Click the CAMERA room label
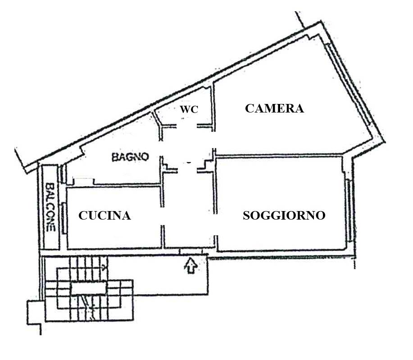pyautogui.click(x=274, y=108)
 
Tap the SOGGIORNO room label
pyautogui.click(x=284, y=216)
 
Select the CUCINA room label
pyautogui.click(x=104, y=216)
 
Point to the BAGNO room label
pyautogui.click(x=130, y=157)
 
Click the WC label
pyautogui.click(x=189, y=109)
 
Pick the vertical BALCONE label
pyautogui.click(x=50, y=207)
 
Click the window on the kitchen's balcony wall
pyautogui.click(x=65, y=218)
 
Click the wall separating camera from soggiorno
pyautogui.click(x=279, y=156)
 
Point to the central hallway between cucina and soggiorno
pyautogui.click(x=188, y=211)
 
